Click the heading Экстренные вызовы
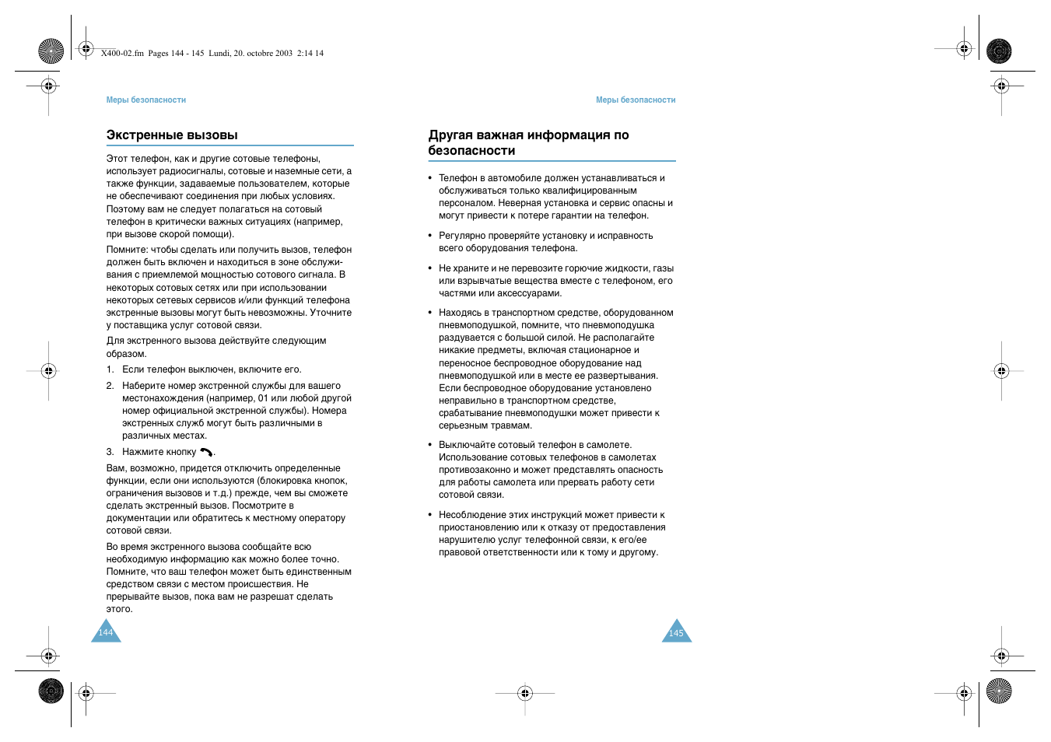[x=172, y=135]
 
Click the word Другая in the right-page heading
[x=450, y=135]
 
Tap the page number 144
[x=106, y=632]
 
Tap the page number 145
[x=676, y=633]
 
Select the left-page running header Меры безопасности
[x=146, y=100]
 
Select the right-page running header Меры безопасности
[x=636, y=100]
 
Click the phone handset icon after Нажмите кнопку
[x=206, y=452]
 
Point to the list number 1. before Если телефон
[x=110, y=370]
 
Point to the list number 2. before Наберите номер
[x=110, y=387]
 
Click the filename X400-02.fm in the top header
[x=122, y=54]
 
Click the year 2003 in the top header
[x=283, y=54]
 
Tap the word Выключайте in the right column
[x=467, y=446]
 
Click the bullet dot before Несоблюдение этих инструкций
[x=430, y=515]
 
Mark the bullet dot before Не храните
[x=430, y=268]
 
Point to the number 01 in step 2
[x=263, y=398]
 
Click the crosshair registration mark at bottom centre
[x=525, y=693]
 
